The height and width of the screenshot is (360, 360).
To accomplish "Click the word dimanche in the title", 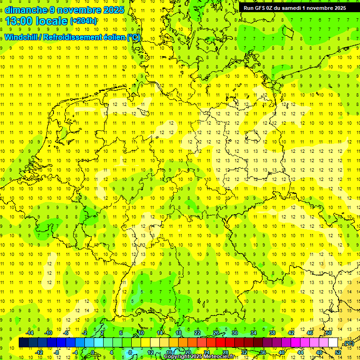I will tap(26, 10).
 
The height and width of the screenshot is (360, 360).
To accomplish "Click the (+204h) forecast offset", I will tap(83, 21).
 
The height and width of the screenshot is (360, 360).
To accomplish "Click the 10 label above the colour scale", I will tap(141, 333).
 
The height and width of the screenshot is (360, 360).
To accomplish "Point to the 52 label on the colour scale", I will tap(338, 352).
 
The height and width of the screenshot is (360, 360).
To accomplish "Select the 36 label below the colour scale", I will tap(263, 352).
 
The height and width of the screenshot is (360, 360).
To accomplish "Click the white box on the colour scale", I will tap(333, 343).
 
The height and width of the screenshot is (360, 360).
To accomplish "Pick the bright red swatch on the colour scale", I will tap(221, 343).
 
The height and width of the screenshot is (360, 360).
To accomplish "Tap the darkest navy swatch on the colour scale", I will tap(23, 343).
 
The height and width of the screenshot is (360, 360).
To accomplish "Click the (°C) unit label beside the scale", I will tap(349, 344).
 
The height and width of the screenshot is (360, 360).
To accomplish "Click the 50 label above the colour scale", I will tap(329, 333).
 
